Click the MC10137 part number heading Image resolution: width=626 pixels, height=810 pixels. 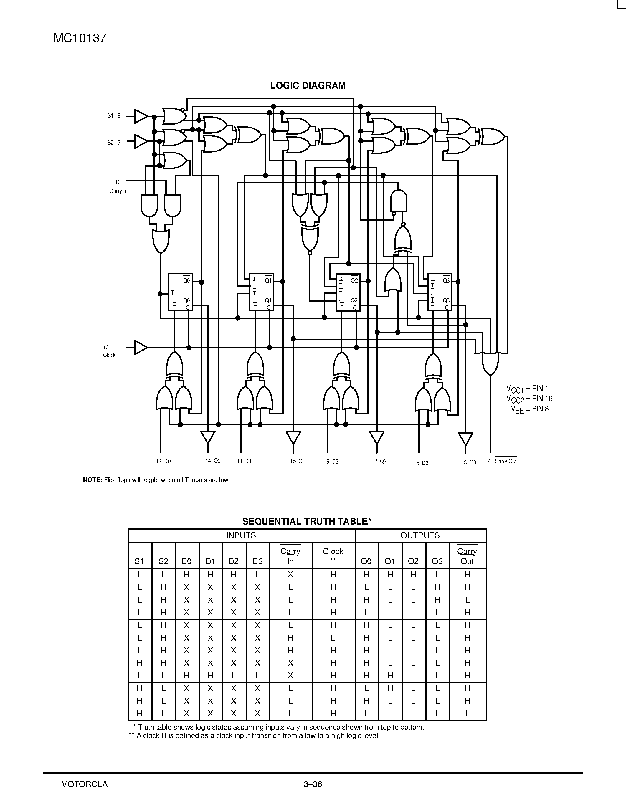tap(80, 38)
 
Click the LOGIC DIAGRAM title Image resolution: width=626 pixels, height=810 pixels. tap(308, 86)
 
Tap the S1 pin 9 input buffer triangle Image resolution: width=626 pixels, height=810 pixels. tap(140, 116)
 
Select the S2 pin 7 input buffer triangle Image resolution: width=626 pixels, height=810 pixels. tap(140, 141)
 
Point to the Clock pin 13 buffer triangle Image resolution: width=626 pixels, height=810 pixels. tap(140, 348)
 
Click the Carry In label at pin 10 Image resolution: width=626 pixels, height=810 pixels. tap(118, 191)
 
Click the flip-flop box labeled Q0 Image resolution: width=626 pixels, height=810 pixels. tap(180, 292)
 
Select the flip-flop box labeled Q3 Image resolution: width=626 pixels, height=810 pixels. tap(440, 292)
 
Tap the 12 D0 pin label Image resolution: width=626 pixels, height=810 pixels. tap(163, 461)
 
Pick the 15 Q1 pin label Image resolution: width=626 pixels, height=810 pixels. tap(298, 461)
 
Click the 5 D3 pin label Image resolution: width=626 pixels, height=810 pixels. tap(422, 463)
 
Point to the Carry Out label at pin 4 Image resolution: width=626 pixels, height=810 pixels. tap(505, 461)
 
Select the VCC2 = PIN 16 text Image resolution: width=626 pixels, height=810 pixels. tap(529, 399)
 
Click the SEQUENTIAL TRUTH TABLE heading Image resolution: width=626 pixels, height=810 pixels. tap(306, 521)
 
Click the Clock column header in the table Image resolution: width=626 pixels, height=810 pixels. tap(333, 556)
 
